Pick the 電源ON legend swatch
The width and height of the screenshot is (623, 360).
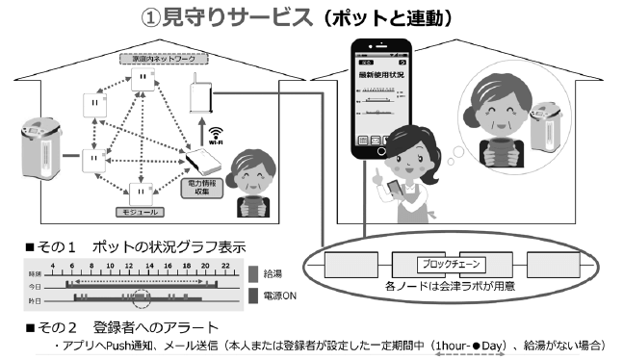pos(253,295)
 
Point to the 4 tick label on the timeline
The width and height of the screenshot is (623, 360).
pos(45,262)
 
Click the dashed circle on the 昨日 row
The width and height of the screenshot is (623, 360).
pos(143,296)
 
